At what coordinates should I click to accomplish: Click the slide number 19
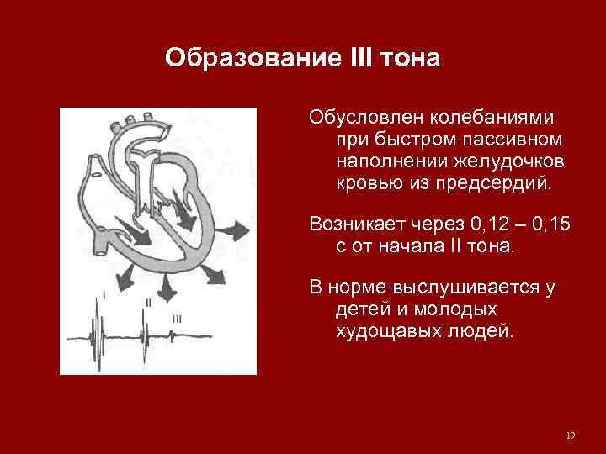pos(571,436)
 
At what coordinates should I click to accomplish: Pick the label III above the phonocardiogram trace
pos(177,319)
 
